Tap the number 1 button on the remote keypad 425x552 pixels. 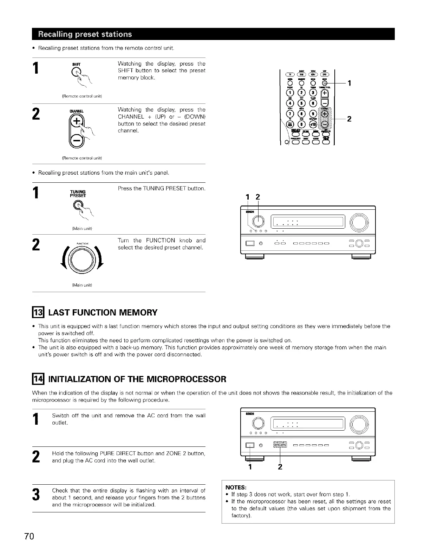pyautogui.click(x=290, y=93)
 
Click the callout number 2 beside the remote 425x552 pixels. pyautogui.click(x=349, y=119)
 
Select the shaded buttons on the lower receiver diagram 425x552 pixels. pyautogui.click(x=280, y=446)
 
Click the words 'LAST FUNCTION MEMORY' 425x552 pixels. pyautogui.click(x=103, y=312)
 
